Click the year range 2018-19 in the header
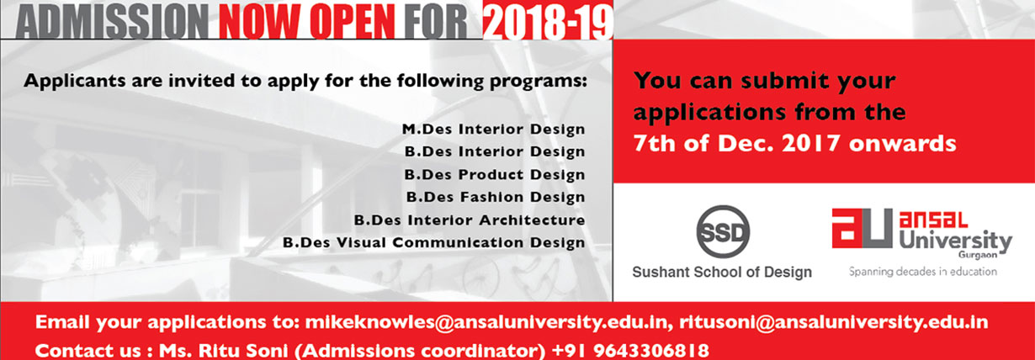549,21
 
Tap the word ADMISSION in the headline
112,21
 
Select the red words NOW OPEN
307,21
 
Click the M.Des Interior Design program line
493,129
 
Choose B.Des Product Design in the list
495,175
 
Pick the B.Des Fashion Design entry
496,198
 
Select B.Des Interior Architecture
470,220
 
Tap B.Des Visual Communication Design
434,242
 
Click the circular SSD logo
723,231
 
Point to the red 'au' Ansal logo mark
862,228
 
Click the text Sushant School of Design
722,272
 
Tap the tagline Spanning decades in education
923,272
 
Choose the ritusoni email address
834,322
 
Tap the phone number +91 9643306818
631,350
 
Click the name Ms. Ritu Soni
223,350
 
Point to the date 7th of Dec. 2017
736,143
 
